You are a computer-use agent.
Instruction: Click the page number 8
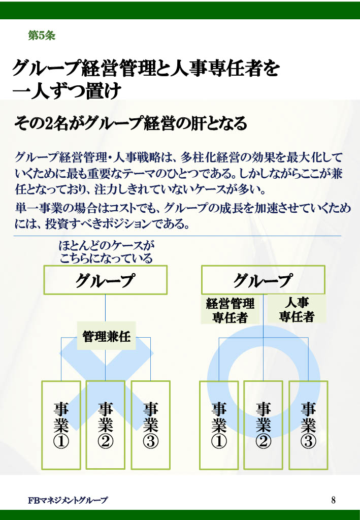tap(333, 500)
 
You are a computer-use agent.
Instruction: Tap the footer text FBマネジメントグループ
tap(68, 500)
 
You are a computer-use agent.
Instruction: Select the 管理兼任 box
tap(107, 336)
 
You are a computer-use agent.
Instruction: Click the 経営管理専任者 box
tap(231, 310)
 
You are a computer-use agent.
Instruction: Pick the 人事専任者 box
tap(297, 309)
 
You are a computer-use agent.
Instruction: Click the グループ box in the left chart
tap(105, 280)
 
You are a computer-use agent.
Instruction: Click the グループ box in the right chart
tap(263, 280)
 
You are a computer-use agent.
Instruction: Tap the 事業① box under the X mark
tap(61, 425)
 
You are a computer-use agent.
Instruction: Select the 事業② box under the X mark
tap(105, 425)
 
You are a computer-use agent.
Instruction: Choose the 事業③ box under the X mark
tap(150, 425)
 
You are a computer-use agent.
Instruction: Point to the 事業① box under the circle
tap(219, 425)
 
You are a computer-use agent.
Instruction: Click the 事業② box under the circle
tap(263, 425)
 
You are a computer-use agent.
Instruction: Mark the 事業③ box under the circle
tap(308, 425)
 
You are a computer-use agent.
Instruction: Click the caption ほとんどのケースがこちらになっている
tap(106, 252)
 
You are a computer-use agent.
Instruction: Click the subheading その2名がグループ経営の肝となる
tap(130, 123)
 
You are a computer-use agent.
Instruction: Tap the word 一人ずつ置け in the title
tap(67, 92)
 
